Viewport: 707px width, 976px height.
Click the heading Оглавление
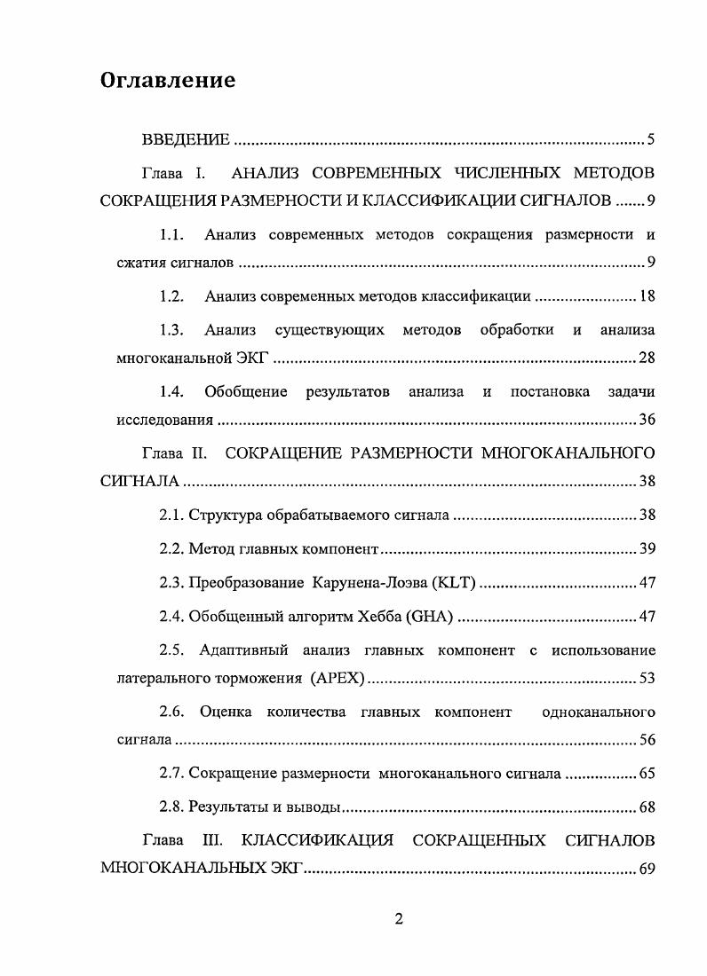click(x=168, y=81)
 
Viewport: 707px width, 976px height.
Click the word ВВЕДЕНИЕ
click(x=187, y=139)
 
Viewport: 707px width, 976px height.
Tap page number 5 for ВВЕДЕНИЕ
click(x=651, y=139)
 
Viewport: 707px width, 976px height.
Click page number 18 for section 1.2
click(x=647, y=296)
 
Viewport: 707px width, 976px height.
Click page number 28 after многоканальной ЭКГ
click(x=647, y=358)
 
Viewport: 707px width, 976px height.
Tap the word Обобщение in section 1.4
click(x=246, y=391)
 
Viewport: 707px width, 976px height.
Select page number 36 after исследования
click(x=647, y=419)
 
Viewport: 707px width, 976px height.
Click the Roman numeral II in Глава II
click(x=199, y=453)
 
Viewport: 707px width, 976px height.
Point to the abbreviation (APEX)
click(x=338, y=679)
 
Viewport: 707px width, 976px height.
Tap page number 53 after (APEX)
click(x=647, y=679)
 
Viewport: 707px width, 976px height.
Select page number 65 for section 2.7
click(x=647, y=774)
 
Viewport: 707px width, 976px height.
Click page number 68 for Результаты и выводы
click(x=647, y=807)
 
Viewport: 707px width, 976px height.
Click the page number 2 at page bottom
click(x=399, y=918)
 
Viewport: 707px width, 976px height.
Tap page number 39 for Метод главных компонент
click(x=647, y=549)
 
